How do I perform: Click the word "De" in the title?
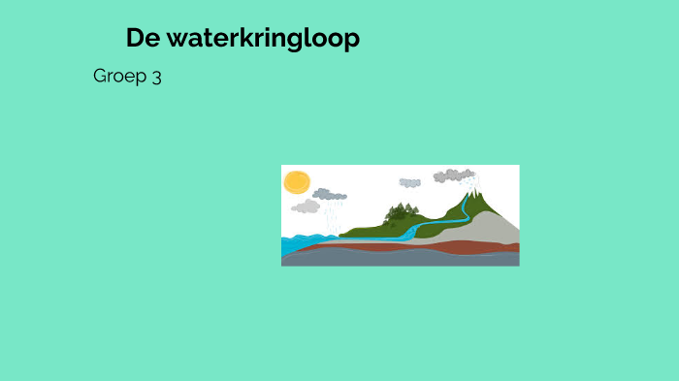point(142,39)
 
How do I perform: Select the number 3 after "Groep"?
point(156,77)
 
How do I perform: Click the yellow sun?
point(296,182)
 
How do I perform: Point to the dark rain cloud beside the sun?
point(330,194)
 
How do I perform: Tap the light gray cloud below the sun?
point(306,206)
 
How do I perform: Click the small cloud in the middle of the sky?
point(409,182)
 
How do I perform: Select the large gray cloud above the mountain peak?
point(452,175)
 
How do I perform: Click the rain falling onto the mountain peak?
point(471,183)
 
